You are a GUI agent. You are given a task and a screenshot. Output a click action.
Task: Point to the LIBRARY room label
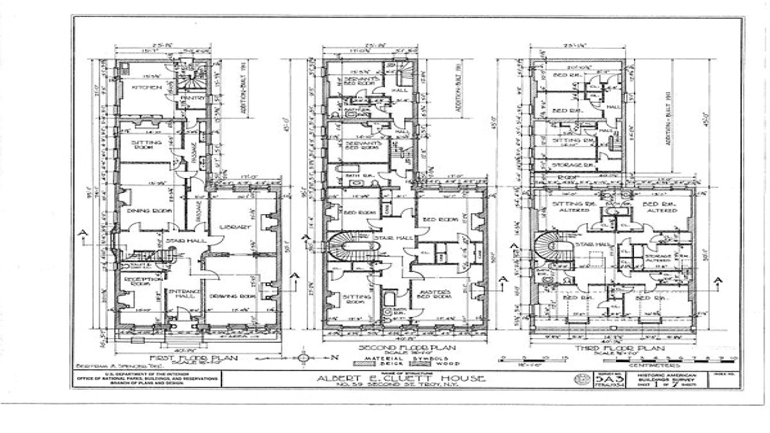[236, 227]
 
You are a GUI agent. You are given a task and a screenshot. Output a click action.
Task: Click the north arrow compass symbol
[304, 358]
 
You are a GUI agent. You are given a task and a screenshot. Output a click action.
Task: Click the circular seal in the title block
[582, 379]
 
